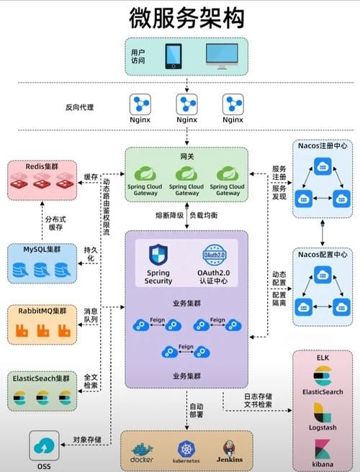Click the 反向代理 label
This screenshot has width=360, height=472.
(x=81, y=107)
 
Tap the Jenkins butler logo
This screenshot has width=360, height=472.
(x=227, y=447)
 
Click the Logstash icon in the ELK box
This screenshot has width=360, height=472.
(x=323, y=413)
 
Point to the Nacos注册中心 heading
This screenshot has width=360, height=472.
(x=323, y=145)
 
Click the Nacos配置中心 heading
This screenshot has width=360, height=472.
(x=323, y=254)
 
